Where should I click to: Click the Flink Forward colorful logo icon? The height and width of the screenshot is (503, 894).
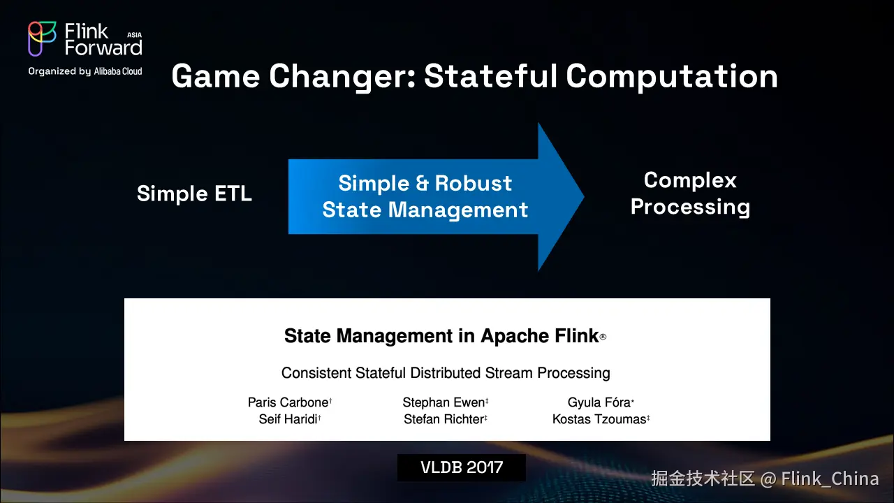tap(41, 38)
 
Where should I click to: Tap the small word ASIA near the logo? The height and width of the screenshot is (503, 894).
tap(135, 35)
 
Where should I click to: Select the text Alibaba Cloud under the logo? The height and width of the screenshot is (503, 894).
tap(118, 71)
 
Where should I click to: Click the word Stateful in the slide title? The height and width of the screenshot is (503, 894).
tap(490, 76)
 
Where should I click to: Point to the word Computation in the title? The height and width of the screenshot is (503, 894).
tap(672, 77)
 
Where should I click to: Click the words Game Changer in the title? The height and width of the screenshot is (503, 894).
tap(294, 77)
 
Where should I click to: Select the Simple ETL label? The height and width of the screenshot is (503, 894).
tap(194, 194)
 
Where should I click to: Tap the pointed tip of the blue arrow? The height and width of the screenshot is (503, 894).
tap(584, 196)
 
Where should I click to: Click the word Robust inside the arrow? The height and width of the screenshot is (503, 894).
tap(474, 183)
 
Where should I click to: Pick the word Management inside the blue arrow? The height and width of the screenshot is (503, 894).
tap(458, 210)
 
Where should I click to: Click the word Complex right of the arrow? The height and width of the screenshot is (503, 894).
tap(690, 180)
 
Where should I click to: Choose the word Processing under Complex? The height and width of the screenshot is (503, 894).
tap(691, 207)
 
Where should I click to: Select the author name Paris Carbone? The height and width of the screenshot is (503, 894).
tap(288, 402)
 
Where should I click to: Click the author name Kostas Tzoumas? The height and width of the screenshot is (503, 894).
tap(599, 419)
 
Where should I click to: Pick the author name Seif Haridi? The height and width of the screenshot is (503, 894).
tap(288, 419)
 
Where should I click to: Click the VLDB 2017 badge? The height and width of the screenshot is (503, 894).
tap(462, 467)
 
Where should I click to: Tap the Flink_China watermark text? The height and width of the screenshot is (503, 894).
tap(830, 479)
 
